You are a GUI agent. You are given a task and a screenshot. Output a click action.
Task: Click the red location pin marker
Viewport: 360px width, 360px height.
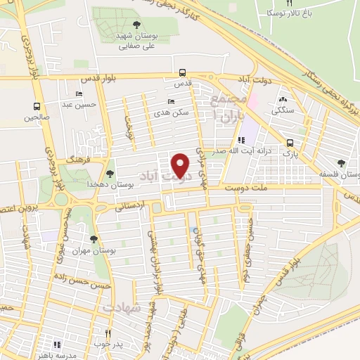click(181, 165)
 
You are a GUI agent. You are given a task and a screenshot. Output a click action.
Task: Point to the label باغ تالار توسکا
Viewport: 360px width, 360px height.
click(283, 13)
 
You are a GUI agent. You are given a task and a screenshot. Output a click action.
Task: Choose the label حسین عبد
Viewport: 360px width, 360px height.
click(78, 104)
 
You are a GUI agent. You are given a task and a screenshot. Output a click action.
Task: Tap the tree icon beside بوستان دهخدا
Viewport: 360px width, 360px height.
click(110, 173)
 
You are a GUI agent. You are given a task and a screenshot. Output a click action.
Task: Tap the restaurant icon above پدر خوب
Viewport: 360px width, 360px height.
click(108, 333)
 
